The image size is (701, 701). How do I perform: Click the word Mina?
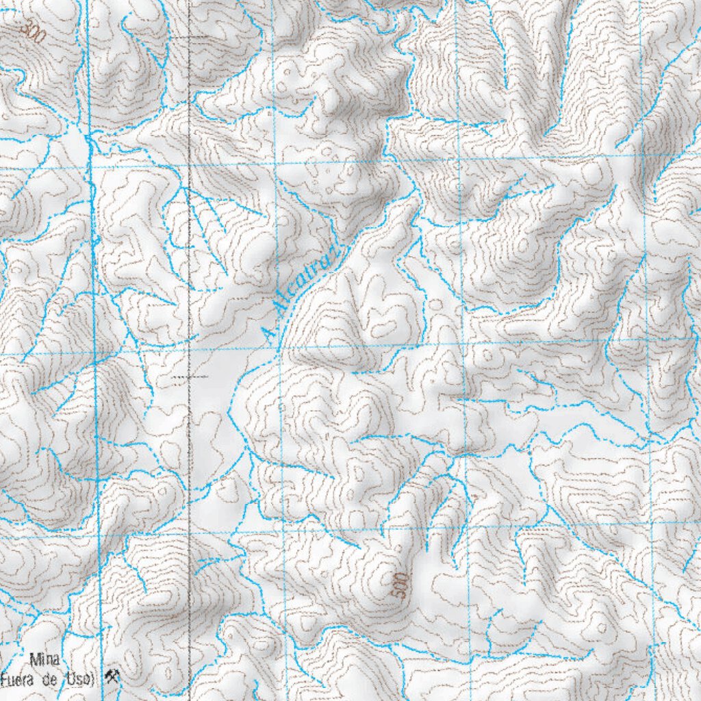44,661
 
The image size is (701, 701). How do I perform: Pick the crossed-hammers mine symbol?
112,677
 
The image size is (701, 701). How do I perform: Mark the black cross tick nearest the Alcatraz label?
189,377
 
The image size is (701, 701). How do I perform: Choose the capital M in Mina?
34,661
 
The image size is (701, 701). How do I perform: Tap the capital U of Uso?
79,678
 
